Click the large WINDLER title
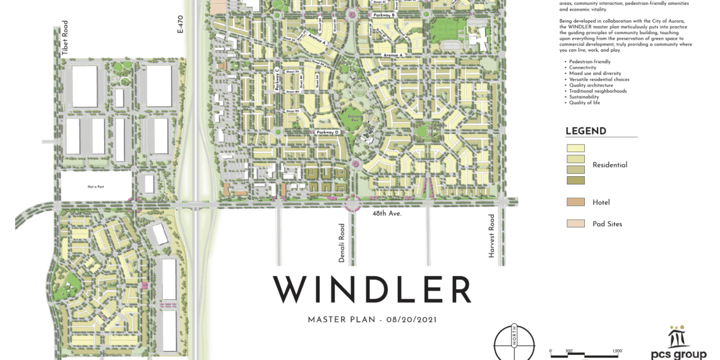(372, 290)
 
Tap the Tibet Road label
(65, 38)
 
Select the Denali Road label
(342, 243)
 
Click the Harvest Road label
(491, 236)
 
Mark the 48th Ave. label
(387, 214)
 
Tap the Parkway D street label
(328, 132)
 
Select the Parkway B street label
(383, 15)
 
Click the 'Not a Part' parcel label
(95, 186)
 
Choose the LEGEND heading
(585, 131)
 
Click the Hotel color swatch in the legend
(575, 202)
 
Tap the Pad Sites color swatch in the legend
(575, 224)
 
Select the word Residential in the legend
(609, 165)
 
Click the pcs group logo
(678, 344)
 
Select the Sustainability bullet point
(587, 97)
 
